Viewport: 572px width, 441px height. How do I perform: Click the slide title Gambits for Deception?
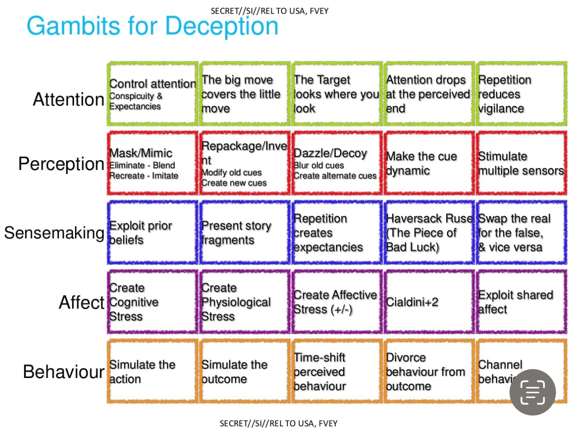(x=152, y=26)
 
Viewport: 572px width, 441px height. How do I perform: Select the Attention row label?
(x=69, y=99)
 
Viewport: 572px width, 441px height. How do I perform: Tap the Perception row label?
(x=61, y=164)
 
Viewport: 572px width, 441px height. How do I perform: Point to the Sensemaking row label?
(x=54, y=233)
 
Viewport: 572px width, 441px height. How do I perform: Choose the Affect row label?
(x=82, y=302)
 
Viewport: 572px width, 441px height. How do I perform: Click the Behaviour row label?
(x=64, y=372)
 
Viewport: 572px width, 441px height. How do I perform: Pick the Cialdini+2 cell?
(x=428, y=302)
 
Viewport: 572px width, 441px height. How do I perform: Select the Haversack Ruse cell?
(x=428, y=233)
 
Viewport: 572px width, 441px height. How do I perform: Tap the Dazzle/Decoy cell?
(x=337, y=164)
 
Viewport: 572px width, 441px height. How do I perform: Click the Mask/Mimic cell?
(x=153, y=164)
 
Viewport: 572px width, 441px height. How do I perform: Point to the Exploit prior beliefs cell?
(x=153, y=233)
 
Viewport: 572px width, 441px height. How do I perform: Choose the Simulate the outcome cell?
(x=245, y=372)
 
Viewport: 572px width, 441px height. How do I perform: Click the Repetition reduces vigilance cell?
(x=521, y=94)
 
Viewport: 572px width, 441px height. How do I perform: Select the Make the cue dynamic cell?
(x=428, y=164)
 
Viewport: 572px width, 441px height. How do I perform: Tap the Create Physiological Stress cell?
(x=245, y=302)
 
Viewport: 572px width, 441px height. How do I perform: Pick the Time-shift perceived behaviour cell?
(x=337, y=372)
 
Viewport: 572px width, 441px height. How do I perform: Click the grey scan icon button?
(x=533, y=392)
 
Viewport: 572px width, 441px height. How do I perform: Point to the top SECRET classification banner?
(x=270, y=11)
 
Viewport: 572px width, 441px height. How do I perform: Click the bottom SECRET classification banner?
(x=278, y=424)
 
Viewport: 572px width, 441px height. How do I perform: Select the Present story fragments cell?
(x=245, y=233)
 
